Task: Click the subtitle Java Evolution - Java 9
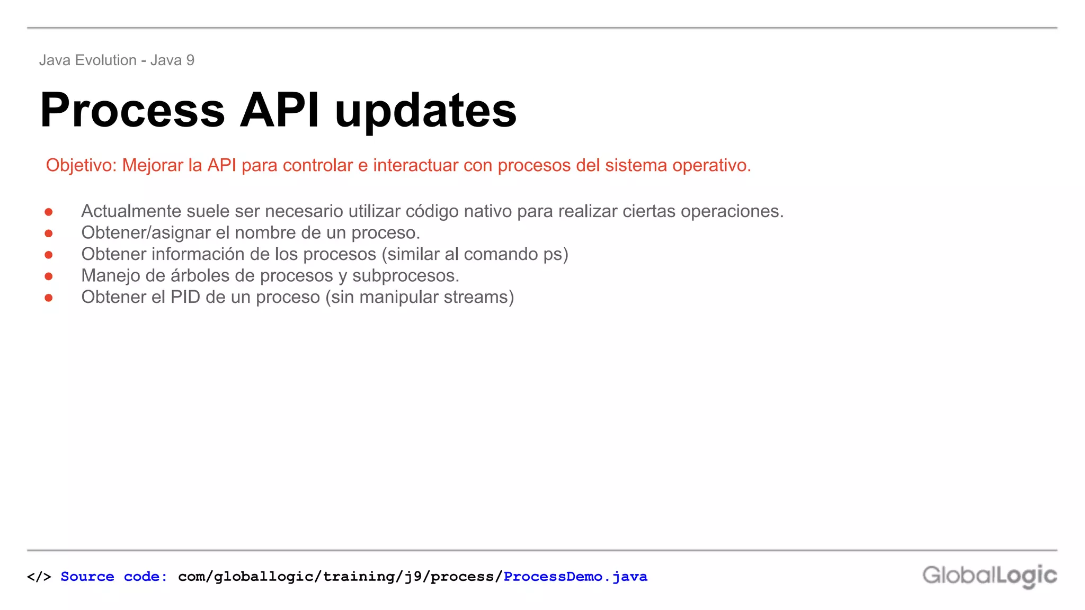(117, 60)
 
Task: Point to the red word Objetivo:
(81, 166)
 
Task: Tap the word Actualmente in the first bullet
(131, 211)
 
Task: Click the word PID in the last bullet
(185, 297)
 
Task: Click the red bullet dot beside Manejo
(49, 276)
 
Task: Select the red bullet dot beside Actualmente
(49, 212)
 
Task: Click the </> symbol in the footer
(39, 577)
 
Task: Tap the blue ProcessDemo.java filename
(575, 577)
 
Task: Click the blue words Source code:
(114, 577)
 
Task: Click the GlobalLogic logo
(989, 576)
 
